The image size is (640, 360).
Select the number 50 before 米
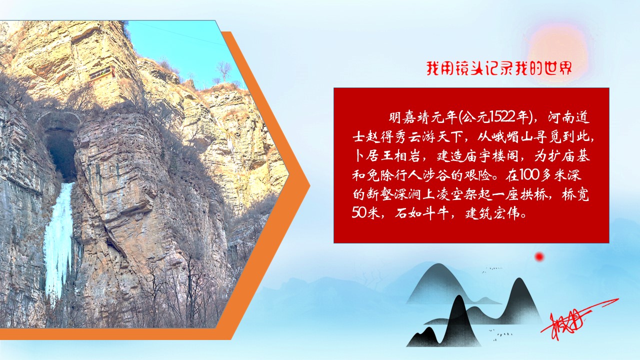(360, 213)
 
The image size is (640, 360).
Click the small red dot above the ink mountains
(539, 257)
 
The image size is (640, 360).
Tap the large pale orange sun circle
(556, 46)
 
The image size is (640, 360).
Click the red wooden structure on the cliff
(101, 73)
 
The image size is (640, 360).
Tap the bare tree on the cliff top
(223, 70)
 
